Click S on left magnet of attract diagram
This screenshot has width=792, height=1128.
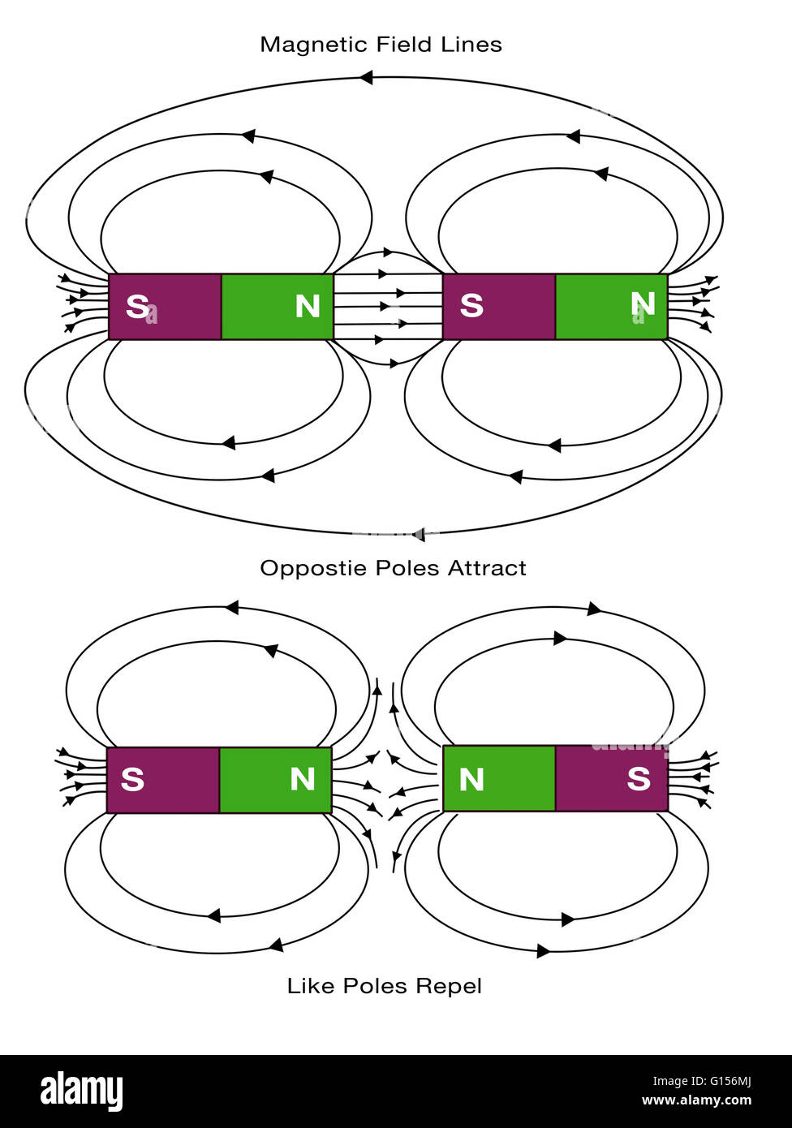click(x=137, y=306)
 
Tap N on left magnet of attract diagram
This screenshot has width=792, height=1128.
click(x=308, y=306)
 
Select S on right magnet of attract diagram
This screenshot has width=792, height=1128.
click(x=471, y=306)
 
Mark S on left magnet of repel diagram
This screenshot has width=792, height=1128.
click(x=132, y=779)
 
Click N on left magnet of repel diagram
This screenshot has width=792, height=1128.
click(x=303, y=779)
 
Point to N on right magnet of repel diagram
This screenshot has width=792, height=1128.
click(x=471, y=780)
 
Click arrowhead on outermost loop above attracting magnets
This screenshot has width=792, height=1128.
click(x=366, y=78)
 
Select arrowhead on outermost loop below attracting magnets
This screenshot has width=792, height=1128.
click(x=418, y=534)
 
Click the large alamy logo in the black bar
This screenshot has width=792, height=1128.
click(x=82, y=1091)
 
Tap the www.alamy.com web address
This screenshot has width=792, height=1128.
click(x=696, y=1101)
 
